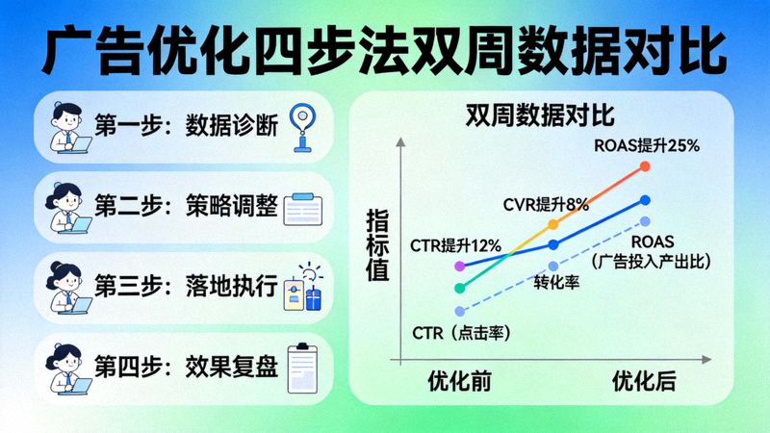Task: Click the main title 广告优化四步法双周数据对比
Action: click(385, 49)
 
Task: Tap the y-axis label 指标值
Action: click(376, 246)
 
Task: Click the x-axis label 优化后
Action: click(644, 381)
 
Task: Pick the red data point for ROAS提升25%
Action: click(645, 166)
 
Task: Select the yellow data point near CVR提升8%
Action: click(552, 224)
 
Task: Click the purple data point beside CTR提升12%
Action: click(460, 265)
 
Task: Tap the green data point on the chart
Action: click(460, 287)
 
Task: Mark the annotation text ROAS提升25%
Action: click(646, 145)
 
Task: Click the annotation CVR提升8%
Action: click(546, 204)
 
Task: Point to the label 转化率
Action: click(555, 283)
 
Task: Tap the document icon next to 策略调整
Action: click(306, 207)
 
